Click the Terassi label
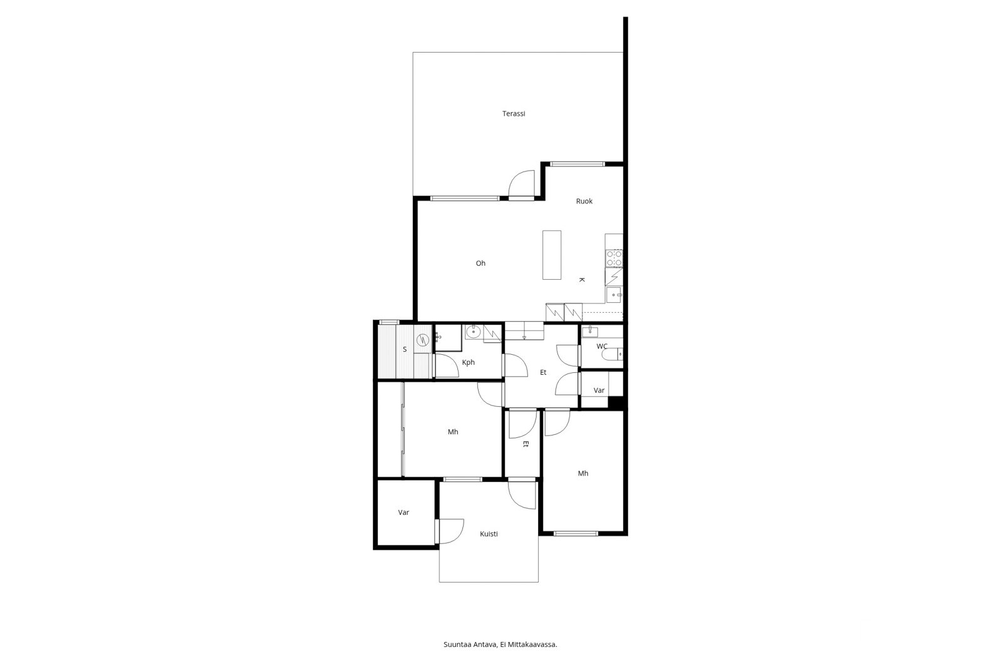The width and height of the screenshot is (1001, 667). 514,114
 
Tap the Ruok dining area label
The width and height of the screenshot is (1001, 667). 584,201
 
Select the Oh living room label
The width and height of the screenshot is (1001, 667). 480,263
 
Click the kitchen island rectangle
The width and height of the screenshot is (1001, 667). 551,255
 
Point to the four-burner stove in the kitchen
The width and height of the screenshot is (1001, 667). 614,258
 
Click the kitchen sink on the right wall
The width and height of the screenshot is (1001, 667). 614,295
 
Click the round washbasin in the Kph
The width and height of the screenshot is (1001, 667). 473,332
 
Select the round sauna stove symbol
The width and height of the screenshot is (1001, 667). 422,340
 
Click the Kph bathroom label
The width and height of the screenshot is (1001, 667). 468,362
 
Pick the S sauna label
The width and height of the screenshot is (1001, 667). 404,349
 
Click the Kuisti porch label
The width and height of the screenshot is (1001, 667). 489,534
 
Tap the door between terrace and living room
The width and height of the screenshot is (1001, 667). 521,185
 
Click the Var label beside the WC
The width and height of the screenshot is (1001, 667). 599,390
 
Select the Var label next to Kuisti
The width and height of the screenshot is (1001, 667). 404,512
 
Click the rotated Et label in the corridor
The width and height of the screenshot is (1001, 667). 526,444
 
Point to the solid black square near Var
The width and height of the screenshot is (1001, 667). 616,403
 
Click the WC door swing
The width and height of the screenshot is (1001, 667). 567,355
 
